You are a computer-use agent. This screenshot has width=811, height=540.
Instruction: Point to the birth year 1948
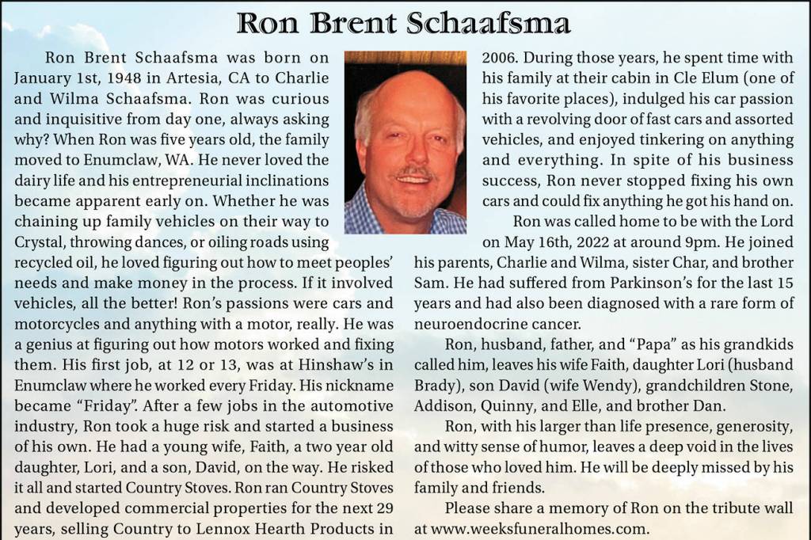(x=129, y=78)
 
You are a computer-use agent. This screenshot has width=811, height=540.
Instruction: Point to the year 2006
(x=500, y=58)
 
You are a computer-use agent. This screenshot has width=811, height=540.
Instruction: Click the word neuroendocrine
(x=473, y=323)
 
